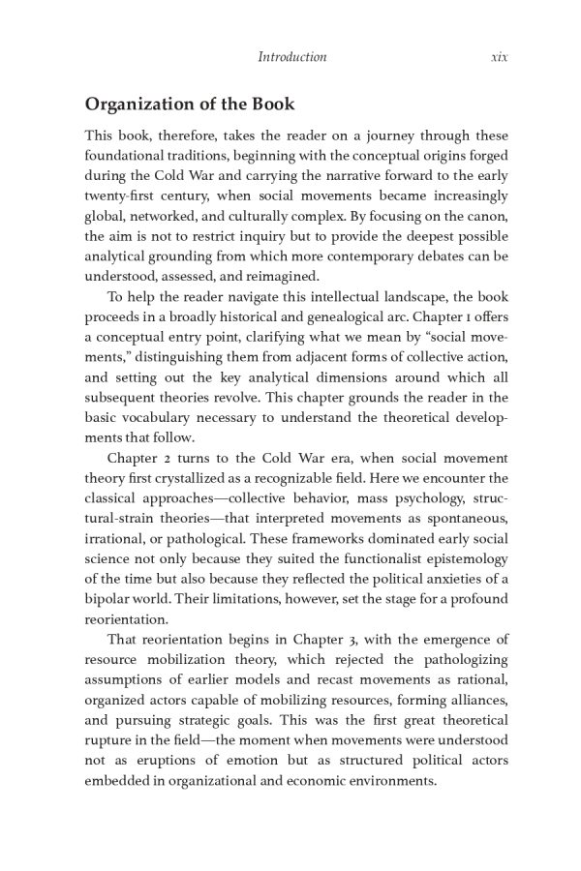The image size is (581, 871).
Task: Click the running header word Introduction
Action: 291,57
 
